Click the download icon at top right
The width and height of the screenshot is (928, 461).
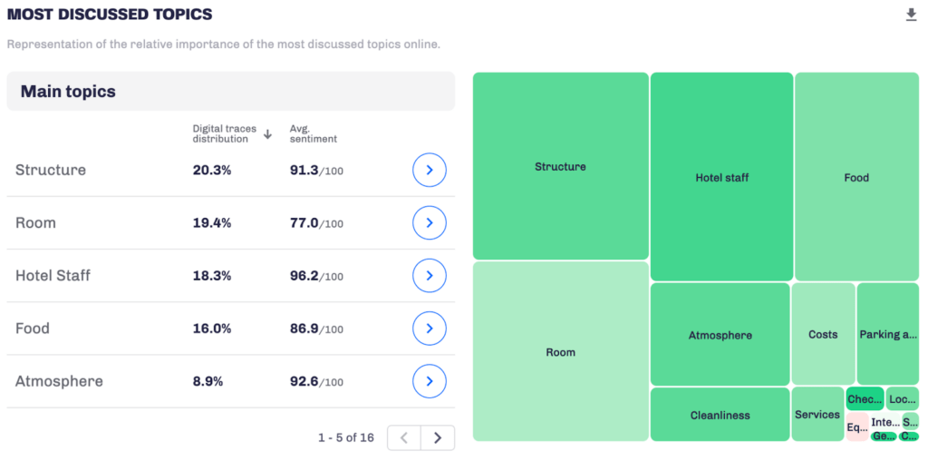tap(911, 15)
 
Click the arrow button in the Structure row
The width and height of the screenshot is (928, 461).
tap(430, 170)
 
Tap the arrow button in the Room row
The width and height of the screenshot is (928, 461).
tap(430, 222)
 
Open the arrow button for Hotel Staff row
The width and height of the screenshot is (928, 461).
tap(430, 275)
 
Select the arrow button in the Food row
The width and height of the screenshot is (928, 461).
tap(430, 329)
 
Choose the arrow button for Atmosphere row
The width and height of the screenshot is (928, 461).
tap(430, 381)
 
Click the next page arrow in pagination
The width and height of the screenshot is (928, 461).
tap(438, 437)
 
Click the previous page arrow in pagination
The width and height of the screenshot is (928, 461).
tap(404, 437)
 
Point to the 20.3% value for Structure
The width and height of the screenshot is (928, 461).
tap(211, 170)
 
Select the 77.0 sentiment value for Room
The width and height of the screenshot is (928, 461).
tap(304, 222)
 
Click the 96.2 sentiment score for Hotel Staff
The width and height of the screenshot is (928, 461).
tap(304, 276)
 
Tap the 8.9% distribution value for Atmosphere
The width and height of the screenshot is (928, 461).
tap(208, 381)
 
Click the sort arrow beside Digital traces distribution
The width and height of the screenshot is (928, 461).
tap(267, 134)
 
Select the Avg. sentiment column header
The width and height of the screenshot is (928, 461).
tap(313, 133)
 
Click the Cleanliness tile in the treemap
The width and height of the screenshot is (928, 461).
tap(720, 415)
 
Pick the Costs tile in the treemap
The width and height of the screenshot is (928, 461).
tap(823, 334)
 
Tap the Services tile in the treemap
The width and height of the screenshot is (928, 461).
tap(817, 414)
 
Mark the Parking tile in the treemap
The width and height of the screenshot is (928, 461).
tap(887, 334)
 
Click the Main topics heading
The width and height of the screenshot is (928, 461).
tap(68, 92)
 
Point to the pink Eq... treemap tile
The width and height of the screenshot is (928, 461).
tap(856, 427)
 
